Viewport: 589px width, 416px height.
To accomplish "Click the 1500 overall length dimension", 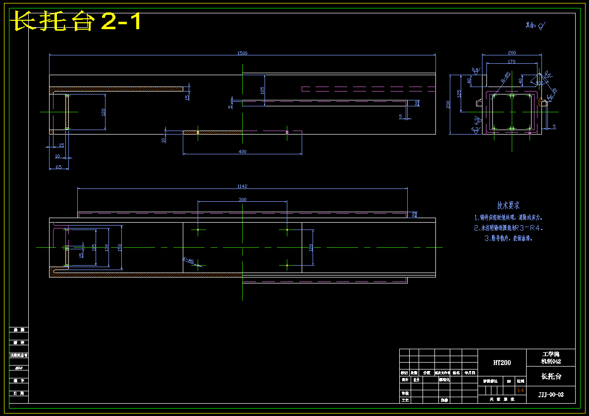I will [x=242, y=53].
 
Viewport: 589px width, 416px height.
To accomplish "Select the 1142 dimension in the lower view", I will [x=242, y=186].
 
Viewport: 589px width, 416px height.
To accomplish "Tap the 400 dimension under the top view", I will [x=242, y=152].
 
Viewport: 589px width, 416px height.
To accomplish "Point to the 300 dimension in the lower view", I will [x=242, y=200].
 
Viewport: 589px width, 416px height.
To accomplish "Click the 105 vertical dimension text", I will [x=262, y=90].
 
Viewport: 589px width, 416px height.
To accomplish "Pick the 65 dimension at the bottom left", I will [x=58, y=167].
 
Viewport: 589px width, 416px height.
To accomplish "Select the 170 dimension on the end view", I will [x=512, y=62].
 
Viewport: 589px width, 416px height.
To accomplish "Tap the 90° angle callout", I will [x=539, y=83].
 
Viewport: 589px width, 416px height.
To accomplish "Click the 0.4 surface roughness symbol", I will [x=476, y=70].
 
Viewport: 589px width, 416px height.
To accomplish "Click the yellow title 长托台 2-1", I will [x=77, y=22].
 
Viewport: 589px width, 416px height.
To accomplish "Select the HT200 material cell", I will [x=502, y=363].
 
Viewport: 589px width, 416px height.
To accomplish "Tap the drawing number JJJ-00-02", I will [x=551, y=394].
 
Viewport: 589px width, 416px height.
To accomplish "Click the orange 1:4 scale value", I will [x=520, y=391].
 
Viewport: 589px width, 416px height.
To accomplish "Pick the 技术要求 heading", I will [x=508, y=205].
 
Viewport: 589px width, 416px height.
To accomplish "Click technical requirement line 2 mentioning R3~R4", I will [x=508, y=228].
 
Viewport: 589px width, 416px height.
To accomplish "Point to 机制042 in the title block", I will [x=551, y=361].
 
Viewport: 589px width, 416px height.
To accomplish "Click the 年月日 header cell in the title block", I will [x=470, y=372].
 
